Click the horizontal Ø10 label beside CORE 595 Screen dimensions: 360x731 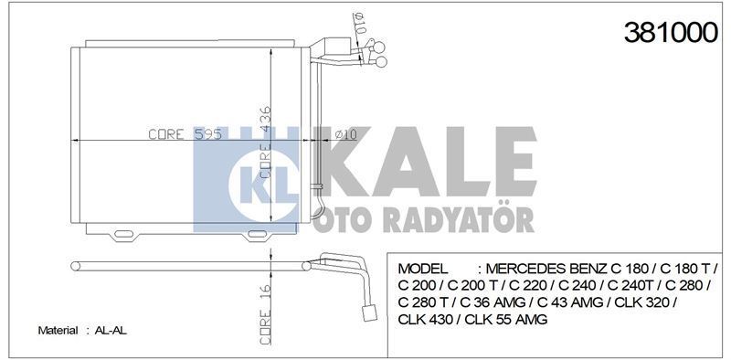(344, 134)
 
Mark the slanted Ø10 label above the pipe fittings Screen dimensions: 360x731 (358, 27)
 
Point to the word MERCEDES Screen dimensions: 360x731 (532, 269)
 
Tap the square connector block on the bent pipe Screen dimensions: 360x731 (372, 312)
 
